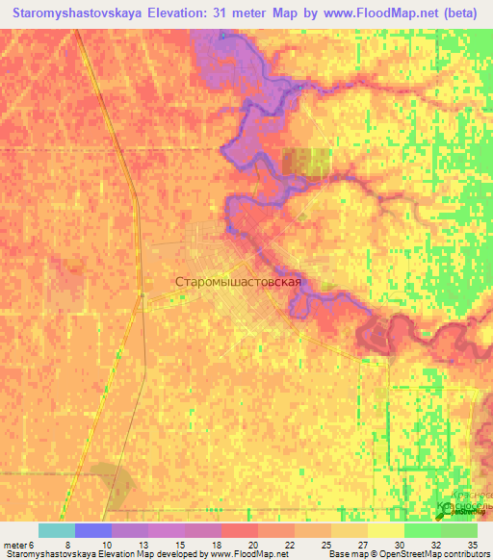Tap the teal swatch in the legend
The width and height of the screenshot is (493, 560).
[x=56, y=530]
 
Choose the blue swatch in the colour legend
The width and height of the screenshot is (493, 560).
[x=92, y=530]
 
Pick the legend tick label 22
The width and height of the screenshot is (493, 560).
[x=288, y=545]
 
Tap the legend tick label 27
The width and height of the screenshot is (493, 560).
[x=362, y=545]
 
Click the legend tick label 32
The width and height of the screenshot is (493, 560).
[x=435, y=545]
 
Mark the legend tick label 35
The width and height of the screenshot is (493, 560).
[x=472, y=545]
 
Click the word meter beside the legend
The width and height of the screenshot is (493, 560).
[x=14, y=545]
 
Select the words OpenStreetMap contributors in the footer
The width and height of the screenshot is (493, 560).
[x=442, y=555]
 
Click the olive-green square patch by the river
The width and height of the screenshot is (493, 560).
[x=306, y=162]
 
